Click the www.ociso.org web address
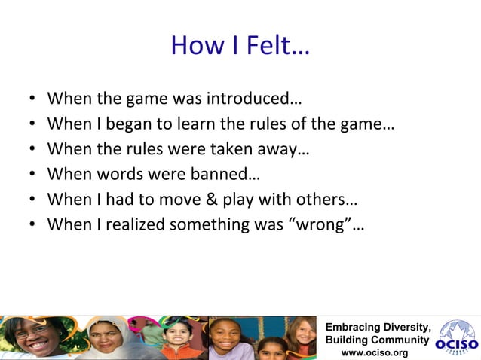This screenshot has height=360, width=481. (x=375, y=352)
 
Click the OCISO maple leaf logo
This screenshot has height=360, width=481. (x=457, y=337)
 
